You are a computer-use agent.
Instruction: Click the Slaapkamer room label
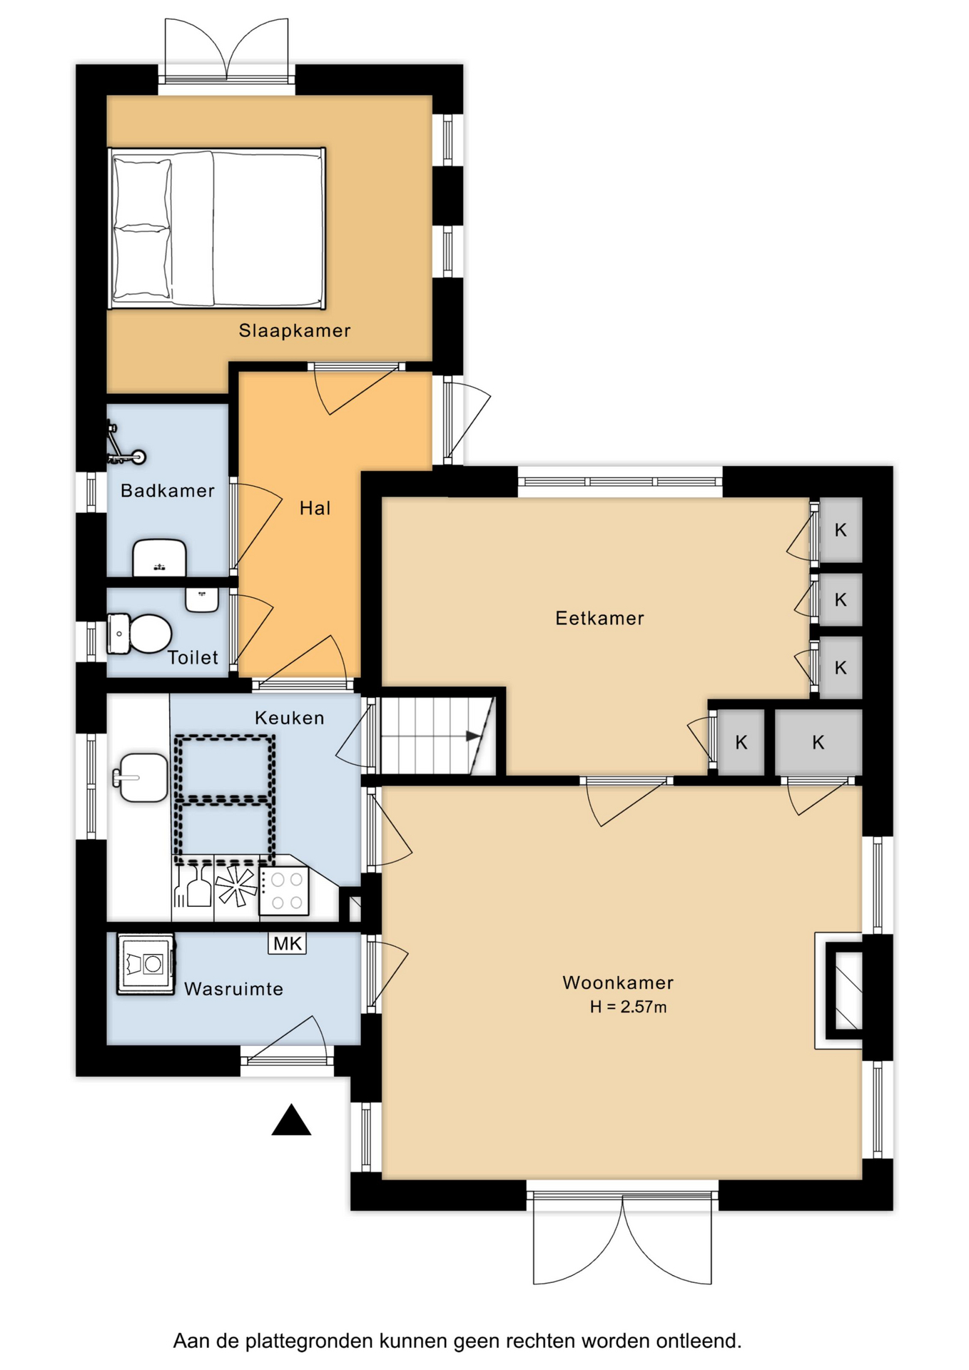[295, 330]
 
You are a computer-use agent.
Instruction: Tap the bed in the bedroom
[217, 228]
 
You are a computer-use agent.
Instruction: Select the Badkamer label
[168, 490]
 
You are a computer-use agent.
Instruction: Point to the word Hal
[315, 508]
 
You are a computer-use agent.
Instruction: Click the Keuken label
[290, 718]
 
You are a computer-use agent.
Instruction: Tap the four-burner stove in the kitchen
[284, 890]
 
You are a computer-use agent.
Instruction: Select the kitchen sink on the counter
[141, 777]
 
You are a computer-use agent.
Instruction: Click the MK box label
[288, 943]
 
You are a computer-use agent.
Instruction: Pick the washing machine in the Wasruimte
[146, 964]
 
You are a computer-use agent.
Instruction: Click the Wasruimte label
[234, 989]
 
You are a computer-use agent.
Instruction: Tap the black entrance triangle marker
[291, 1120]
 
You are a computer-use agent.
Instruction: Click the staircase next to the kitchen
[437, 736]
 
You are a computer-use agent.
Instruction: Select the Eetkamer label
[600, 618]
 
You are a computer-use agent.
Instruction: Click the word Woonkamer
[618, 983]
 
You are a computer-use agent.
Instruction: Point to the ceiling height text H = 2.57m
[628, 1007]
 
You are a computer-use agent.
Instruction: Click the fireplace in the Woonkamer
[840, 990]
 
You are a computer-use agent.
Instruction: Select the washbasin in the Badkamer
[160, 557]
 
